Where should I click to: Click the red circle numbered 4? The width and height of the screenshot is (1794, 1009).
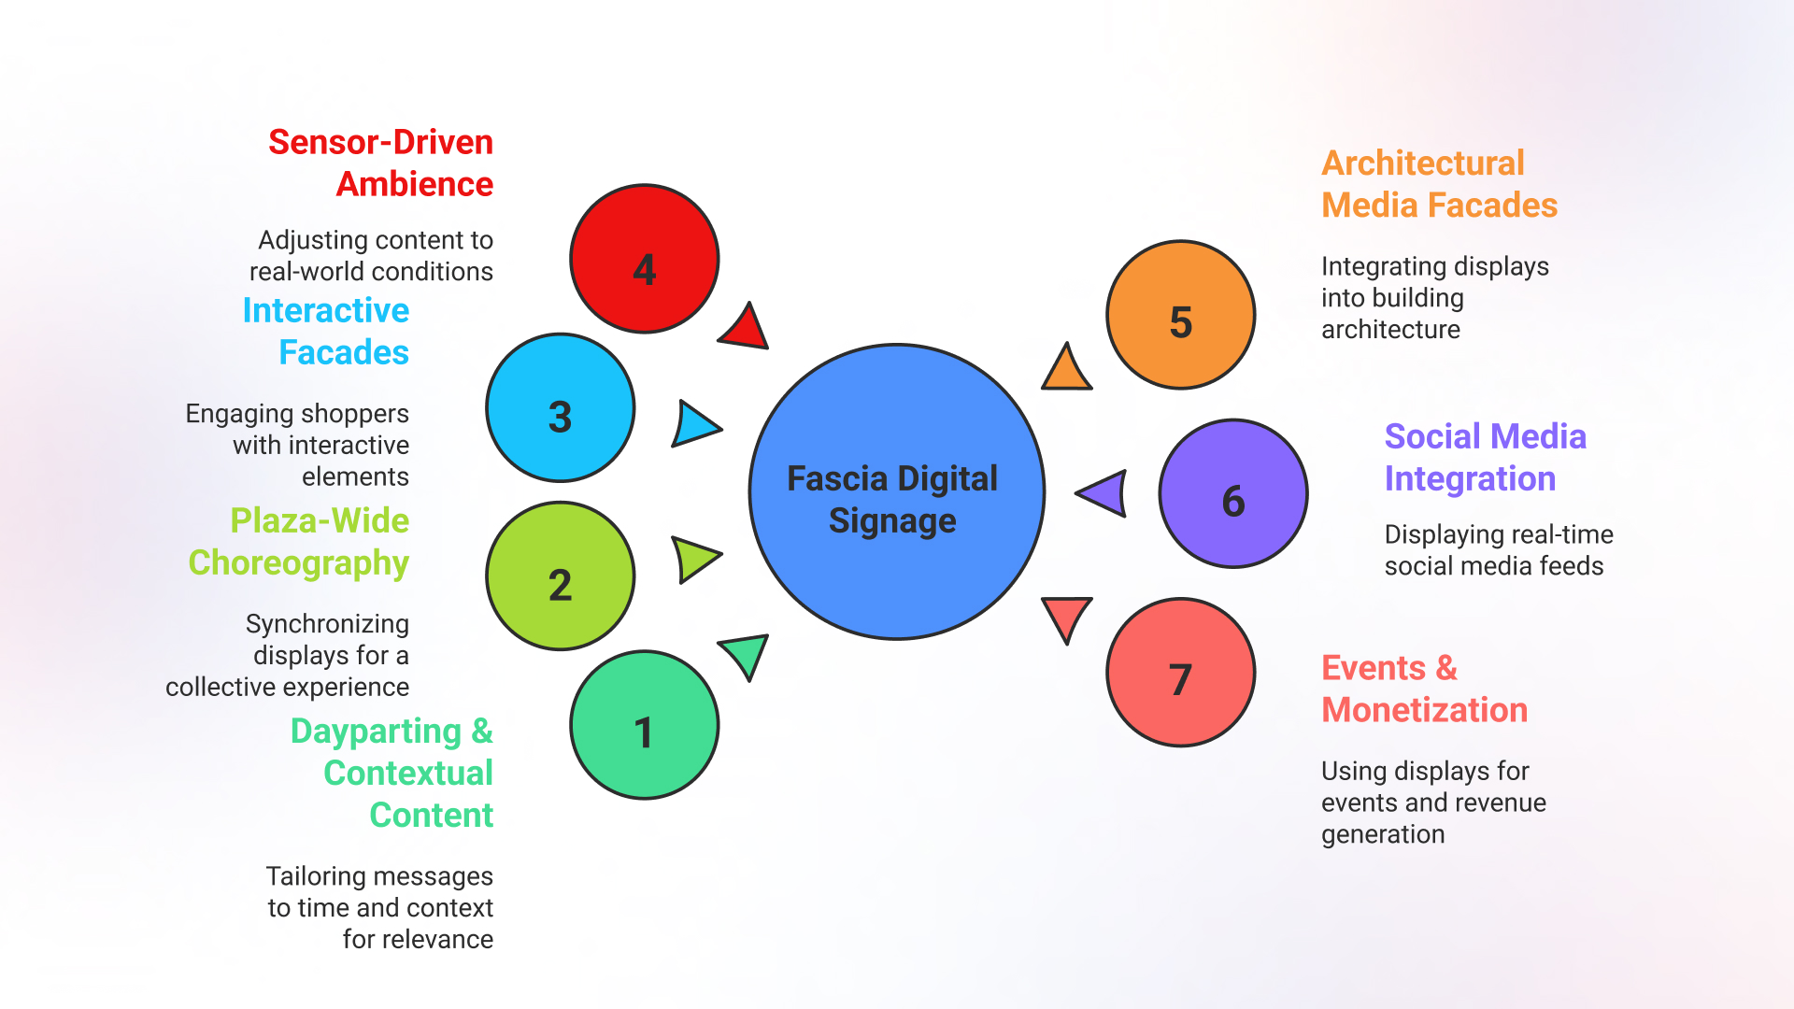coord(644,259)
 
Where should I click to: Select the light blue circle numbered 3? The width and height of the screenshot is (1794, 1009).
coord(560,408)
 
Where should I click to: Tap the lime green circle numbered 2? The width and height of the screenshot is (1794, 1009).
coord(560,576)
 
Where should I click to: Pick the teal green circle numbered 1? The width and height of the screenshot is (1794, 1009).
coord(644,725)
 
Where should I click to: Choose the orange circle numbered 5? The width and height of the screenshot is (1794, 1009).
coord(1180,315)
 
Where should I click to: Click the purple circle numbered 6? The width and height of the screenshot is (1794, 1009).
coord(1232,493)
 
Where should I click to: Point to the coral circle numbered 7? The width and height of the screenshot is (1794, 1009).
coord(1180,673)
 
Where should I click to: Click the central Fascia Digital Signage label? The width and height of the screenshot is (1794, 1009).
coord(892,499)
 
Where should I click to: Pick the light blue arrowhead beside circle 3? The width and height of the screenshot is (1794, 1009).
coord(692,425)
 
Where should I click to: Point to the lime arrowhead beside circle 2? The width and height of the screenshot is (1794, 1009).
coord(692,559)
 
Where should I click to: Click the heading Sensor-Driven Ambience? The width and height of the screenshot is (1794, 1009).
coord(380,163)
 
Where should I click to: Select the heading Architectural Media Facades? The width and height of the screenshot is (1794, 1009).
coord(1439,184)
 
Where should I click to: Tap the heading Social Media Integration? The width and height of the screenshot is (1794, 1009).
coord(1485,457)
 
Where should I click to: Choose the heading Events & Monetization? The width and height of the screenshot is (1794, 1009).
coord(1424,689)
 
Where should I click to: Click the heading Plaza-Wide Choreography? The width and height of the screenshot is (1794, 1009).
coord(299,541)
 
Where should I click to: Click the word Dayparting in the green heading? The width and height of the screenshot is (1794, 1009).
coord(376,731)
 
